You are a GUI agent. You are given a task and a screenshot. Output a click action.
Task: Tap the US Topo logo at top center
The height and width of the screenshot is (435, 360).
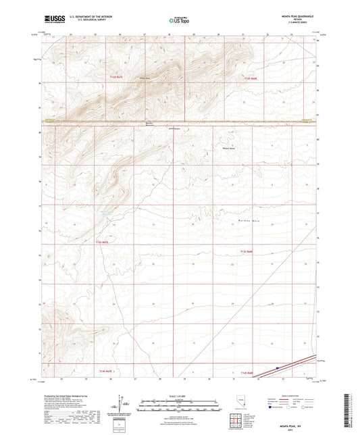point(179,20)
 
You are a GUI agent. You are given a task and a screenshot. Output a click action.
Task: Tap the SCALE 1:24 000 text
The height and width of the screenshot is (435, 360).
point(180,395)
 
